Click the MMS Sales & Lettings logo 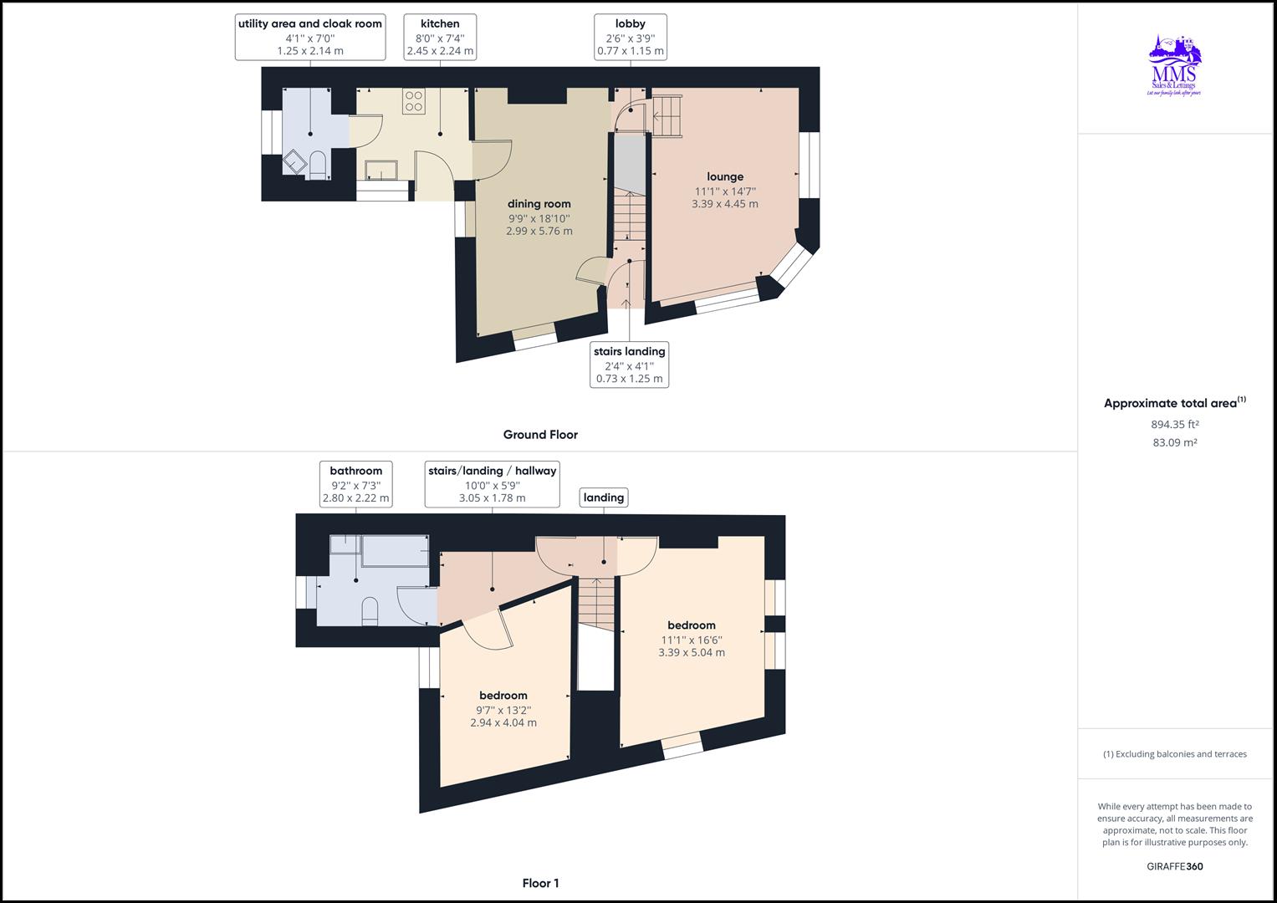coord(1174,66)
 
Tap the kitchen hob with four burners coord(414,101)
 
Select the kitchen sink coord(381,170)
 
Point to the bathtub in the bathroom coord(396,550)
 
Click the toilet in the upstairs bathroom coord(370,611)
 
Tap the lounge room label coord(725,176)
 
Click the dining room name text coord(539,203)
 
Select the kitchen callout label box coord(440,37)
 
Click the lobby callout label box coord(631,37)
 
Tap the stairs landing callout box coord(630,365)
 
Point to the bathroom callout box coord(356,484)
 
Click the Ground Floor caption coord(540,435)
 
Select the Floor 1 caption coord(540,883)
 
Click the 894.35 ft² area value coord(1175,424)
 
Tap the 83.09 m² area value coord(1175,442)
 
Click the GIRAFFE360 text coord(1175,866)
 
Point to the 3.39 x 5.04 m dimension coord(692,653)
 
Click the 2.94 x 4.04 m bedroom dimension coord(503,723)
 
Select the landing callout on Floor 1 coord(604,497)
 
